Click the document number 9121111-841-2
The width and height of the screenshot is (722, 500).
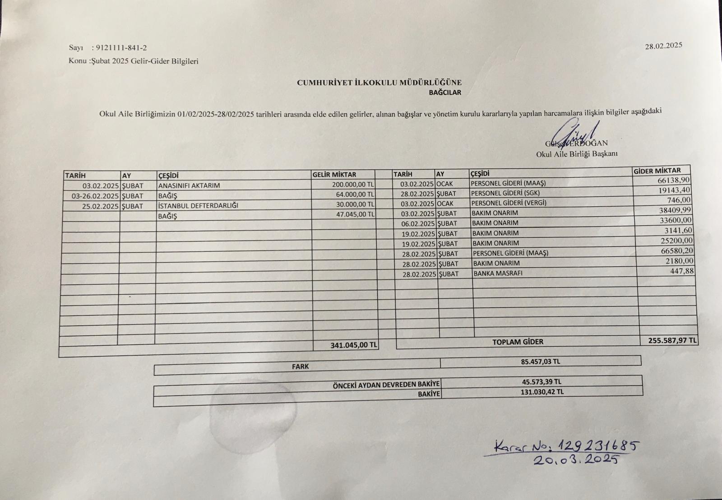[x=121, y=48]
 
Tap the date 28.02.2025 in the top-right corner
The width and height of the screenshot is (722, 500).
[x=663, y=46]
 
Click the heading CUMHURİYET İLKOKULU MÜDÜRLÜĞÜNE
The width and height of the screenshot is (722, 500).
[x=379, y=83]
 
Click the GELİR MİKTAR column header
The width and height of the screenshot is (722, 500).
[x=334, y=175]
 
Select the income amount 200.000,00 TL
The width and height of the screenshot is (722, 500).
[x=350, y=185]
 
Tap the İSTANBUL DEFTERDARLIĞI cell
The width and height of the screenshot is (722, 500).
[x=198, y=206]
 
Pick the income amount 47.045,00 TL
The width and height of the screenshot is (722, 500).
[x=355, y=215]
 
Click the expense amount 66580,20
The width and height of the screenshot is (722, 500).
[x=676, y=250]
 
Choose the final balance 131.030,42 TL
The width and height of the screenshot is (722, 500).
[x=542, y=392]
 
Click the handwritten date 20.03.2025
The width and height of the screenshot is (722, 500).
[x=575, y=460]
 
